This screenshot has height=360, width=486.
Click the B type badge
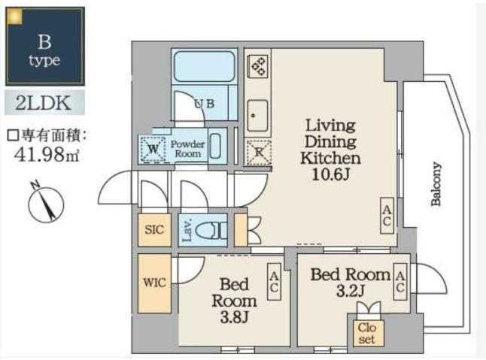44,47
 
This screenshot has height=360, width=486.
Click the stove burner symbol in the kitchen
258,67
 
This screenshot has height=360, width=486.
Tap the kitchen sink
258,115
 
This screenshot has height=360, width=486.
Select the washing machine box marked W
153,149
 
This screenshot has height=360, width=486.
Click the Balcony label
437,185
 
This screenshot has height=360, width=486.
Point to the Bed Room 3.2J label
351,282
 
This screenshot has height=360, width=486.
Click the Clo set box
366,332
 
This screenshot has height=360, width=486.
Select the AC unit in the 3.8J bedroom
275,283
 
